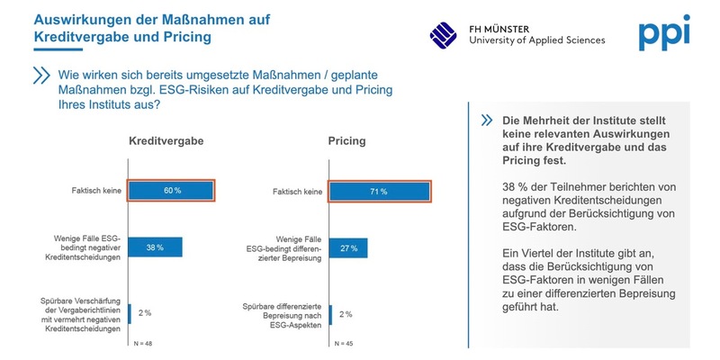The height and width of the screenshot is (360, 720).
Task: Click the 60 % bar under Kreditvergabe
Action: [171, 191]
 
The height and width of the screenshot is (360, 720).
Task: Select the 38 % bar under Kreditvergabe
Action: [156, 247]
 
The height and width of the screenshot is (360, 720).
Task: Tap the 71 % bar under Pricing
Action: [379, 192]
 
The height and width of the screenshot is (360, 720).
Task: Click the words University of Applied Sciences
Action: [537, 40]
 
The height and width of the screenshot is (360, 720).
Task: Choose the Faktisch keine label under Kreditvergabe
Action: [96, 191]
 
